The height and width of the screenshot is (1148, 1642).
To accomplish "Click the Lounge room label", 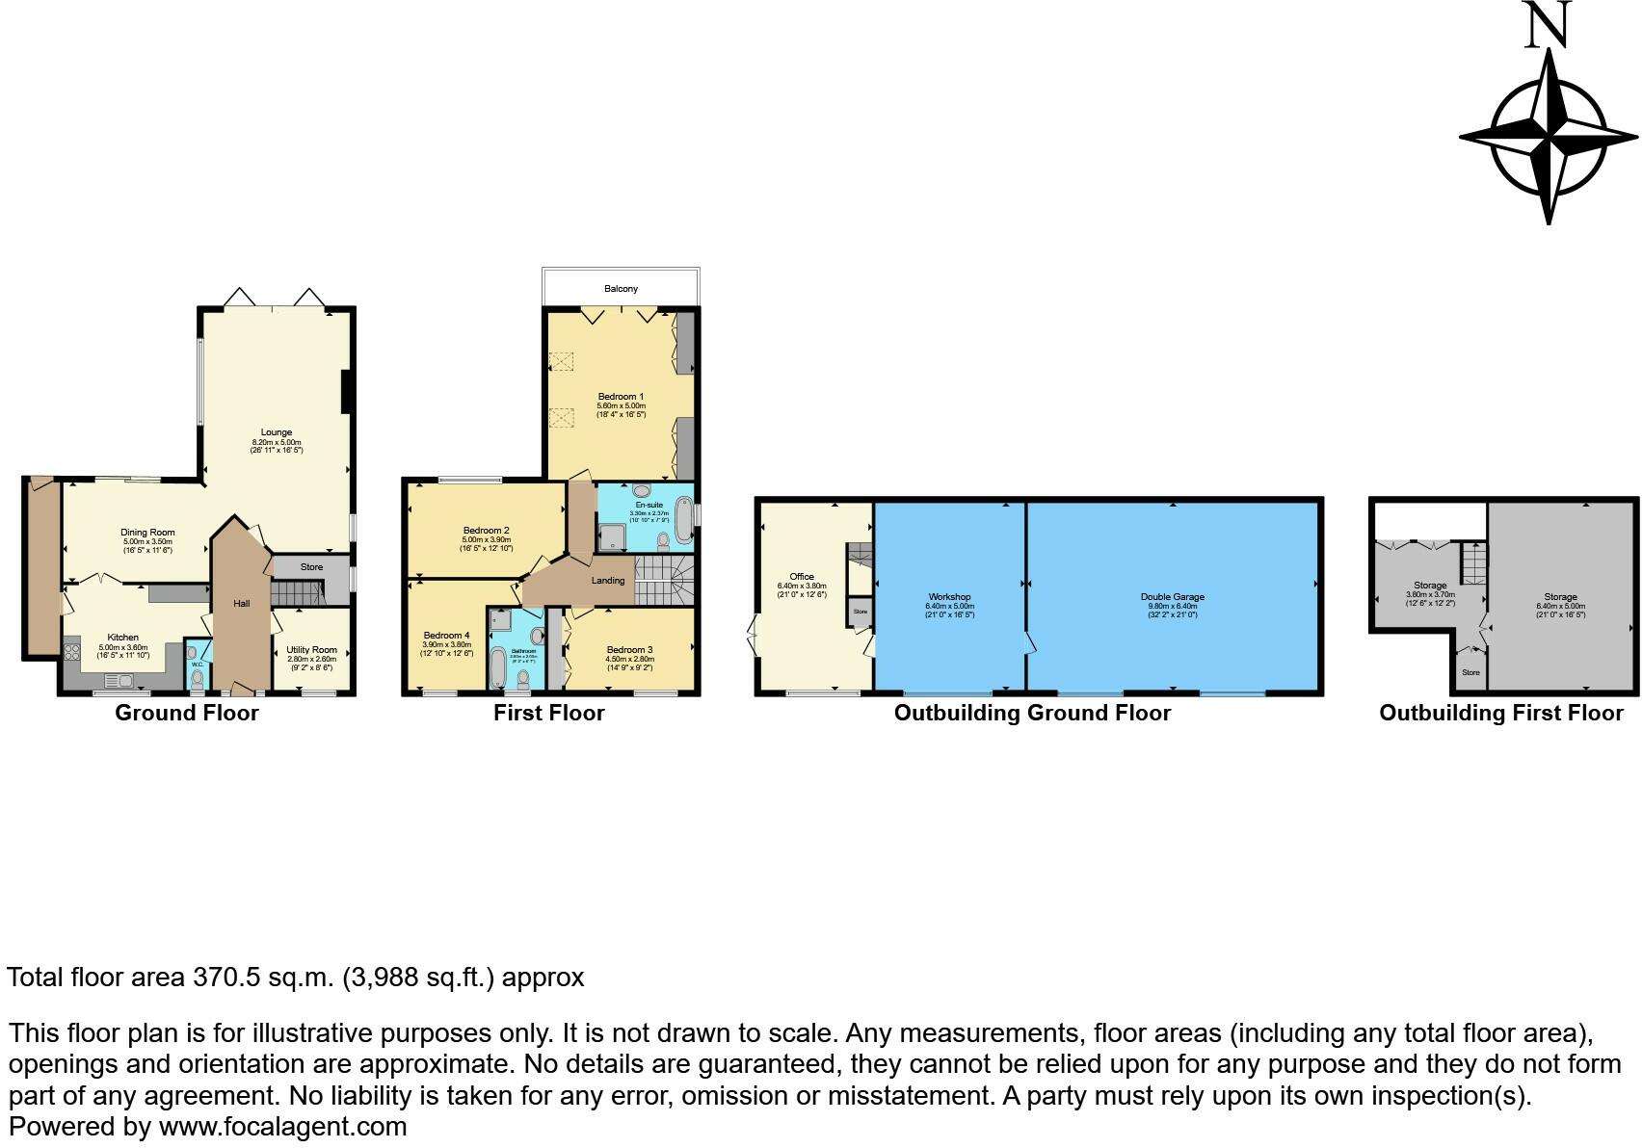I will pos(277,432).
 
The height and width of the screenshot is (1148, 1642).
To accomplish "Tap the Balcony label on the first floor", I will pos(621,289).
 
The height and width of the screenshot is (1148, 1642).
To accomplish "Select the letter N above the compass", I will pos(1549,26).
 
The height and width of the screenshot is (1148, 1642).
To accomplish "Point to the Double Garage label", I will pos(1173,597).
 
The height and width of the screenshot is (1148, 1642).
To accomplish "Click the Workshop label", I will pos(949,597).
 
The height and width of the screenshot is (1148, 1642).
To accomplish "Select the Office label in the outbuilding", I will pos(802,577).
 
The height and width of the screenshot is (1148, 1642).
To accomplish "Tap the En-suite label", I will pos(649,505).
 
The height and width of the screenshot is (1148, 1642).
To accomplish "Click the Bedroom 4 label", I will pos(446,636).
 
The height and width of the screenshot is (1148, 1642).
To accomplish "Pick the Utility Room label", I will pos(311,650).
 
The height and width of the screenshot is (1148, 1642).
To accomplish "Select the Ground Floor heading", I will pos(187,714).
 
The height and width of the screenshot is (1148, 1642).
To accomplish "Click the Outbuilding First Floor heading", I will pos(1500,714).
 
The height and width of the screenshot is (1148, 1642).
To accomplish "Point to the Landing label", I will pos(608,581).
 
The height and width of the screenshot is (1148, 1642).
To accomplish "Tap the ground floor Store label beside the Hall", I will pos(311,567).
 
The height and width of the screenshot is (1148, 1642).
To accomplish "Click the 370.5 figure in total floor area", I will pos(226,978).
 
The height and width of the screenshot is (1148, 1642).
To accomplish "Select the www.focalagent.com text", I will pos(282,1126).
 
